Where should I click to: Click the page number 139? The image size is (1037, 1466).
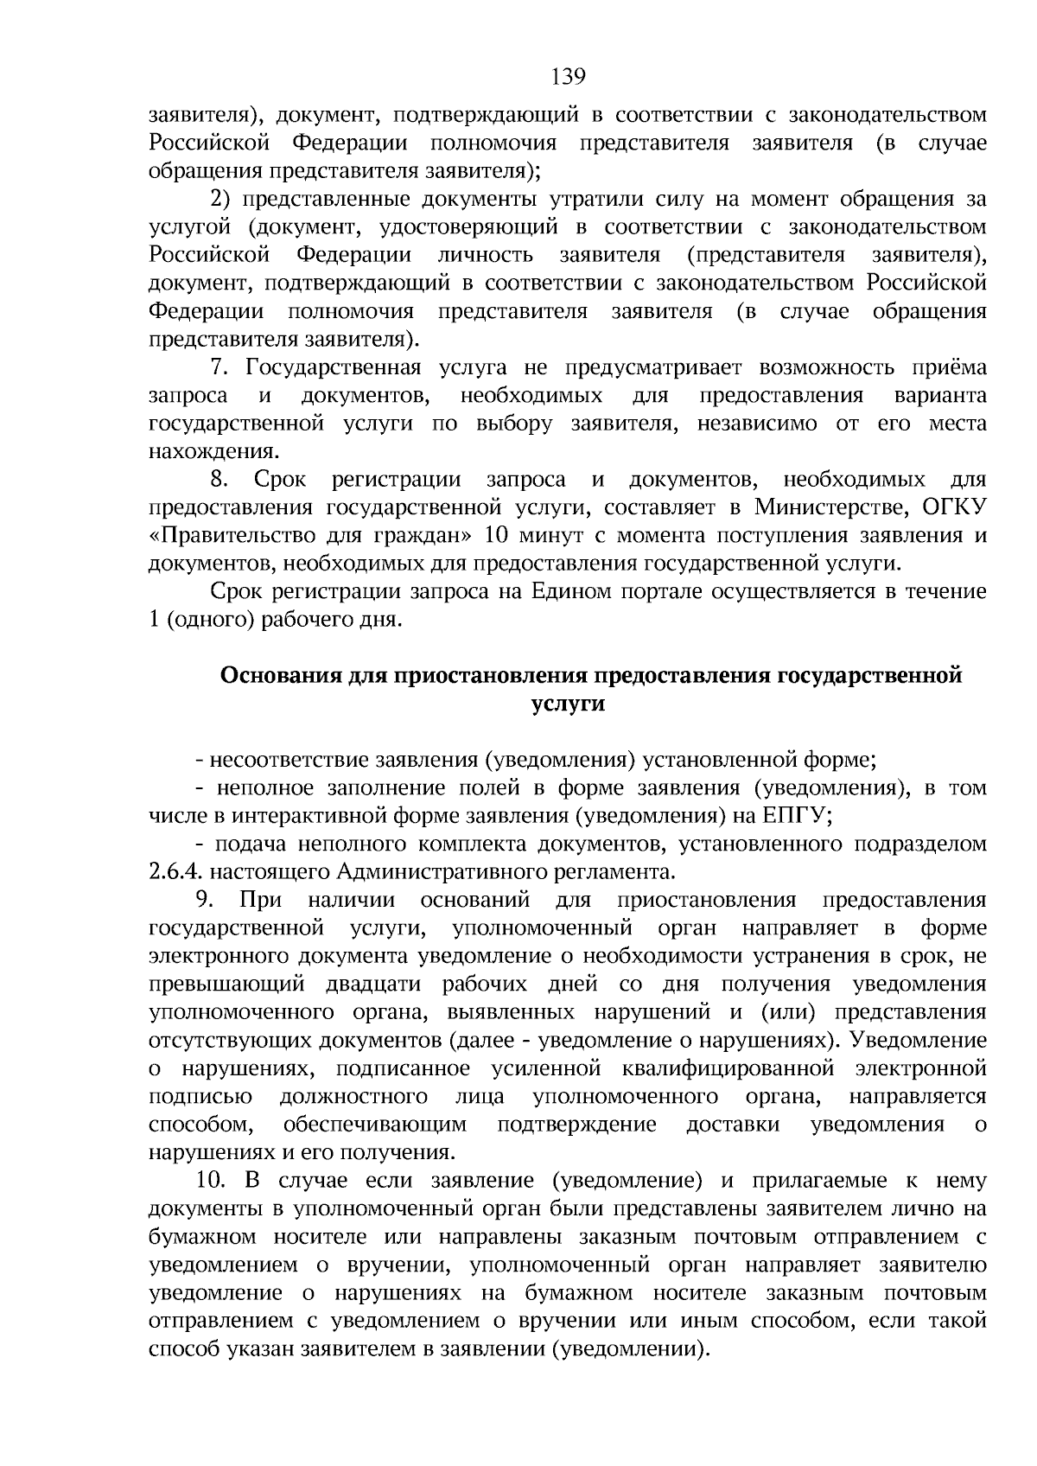[x=569, y=78]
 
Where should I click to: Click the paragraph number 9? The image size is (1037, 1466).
[x=204, y=901]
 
